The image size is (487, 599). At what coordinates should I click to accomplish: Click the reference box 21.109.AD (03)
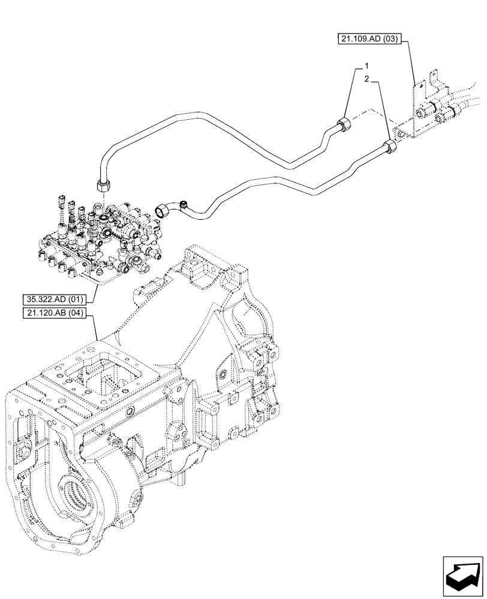pos(369,40)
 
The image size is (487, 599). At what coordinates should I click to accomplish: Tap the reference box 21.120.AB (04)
pos(53,313)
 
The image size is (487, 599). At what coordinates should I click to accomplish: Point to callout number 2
pos(368,78)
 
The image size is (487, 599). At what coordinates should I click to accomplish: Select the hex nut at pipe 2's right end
pos(392,146)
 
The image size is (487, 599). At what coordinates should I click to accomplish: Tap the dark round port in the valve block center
pos(107,230)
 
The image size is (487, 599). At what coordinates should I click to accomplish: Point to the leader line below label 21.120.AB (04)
pos(97,332)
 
